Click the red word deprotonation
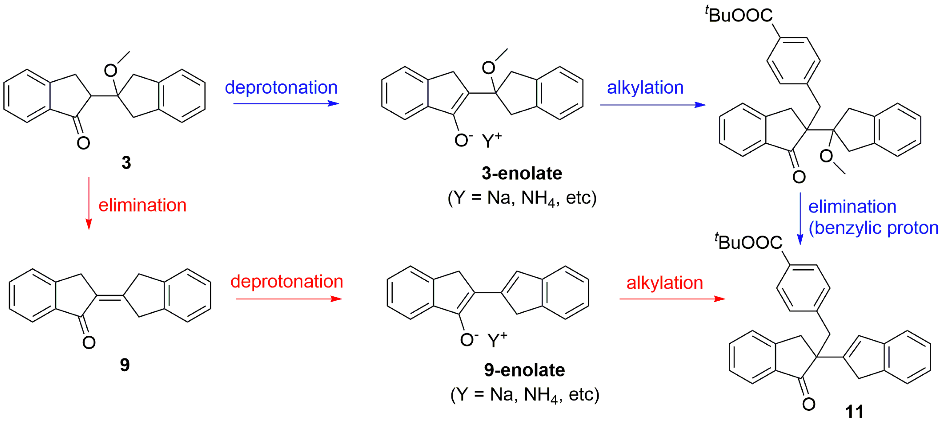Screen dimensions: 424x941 coord(287,282)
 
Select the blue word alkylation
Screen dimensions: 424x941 coord(645,88)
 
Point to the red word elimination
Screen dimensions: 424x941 coord(142,205)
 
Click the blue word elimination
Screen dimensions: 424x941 coord(852,207)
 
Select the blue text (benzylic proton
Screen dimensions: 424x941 coord(873,228)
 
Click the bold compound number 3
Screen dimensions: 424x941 coord(126,163)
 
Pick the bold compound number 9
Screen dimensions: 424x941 coord(125,365)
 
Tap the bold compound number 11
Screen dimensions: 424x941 coord(854,412)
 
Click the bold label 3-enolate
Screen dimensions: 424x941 coord(522,173)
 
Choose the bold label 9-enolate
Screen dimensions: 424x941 coord(524,370)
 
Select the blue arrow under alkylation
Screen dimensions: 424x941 coord(652,105)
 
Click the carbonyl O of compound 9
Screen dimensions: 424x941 coord(89,343)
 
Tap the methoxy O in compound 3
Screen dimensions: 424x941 coord(110,70)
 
